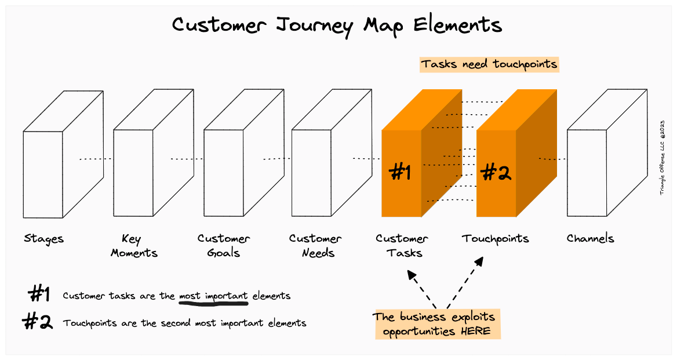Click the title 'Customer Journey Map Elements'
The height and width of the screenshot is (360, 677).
pyautogui.click(x=337, y=25)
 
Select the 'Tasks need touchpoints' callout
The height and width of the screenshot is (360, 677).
pyautogui.click(x=489, y=64)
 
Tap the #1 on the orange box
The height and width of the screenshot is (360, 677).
pyautogui.click(x=401, y=172)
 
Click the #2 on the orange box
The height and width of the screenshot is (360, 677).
pyautogui.click(x=496, y=172)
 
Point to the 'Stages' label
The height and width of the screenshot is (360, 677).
pyautogui.click(x=44, y=238)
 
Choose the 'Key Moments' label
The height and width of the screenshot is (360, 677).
pyautogui.click(x=134, y=246)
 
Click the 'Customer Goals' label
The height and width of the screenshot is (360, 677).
pyautogui.click(x=224, y=246)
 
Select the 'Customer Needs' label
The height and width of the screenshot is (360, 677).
pyautogui.click(x=315, y=246)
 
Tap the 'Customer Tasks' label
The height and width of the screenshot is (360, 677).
pyautogui.click(x=402, y=246)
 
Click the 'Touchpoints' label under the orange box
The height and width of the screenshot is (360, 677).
pyautogui.click(x=496, y=238)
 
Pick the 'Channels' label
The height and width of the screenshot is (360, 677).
pyautogui.click(x=590, y=238)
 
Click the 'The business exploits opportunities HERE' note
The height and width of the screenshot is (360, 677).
pyautogui.click(x=436, y=324)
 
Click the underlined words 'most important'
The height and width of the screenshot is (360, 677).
pyautogui.click(x=213, y=296)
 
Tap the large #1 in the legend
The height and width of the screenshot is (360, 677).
pyautogui.click(x=39, y=295)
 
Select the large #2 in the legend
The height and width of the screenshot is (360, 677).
pyautogui.click(x=38, y=322)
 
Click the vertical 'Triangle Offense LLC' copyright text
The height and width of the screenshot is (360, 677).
pyautogui.click(x=662, y=157)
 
